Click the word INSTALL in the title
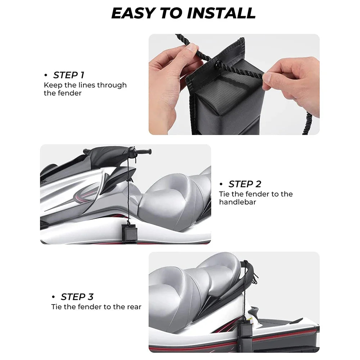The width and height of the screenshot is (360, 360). [x=221, y=13]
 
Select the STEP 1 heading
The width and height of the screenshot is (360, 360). [x=69, y=75]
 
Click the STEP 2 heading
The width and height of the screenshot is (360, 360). [x=245, y=184]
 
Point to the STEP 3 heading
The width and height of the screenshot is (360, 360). [x=77, y=297]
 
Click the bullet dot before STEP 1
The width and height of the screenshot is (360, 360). [x=46, y=75]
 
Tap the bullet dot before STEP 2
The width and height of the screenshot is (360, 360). [x=221, y=184]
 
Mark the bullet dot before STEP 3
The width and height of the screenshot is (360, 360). [x=54, y=297]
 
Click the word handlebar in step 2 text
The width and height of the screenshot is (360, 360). [x=237, y=202]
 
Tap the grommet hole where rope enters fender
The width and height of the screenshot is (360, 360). [x=217, y=65]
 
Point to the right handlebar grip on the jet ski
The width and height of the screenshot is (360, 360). [x=144, y=152]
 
